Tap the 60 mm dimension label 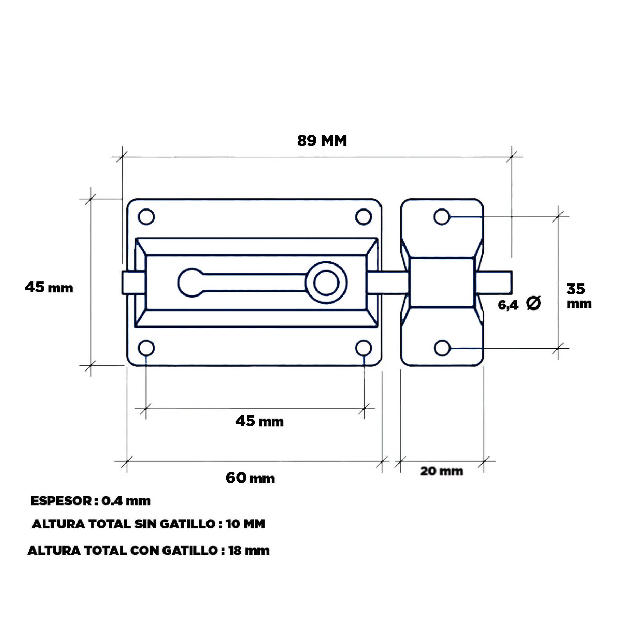pos(250,478)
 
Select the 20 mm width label pos(441,471)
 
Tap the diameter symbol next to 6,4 pos(533,303)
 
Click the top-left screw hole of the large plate pos(146,217)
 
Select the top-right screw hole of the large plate pos(364,217)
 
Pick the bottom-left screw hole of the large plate pos(146,348)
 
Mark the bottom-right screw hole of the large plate pos(364,348)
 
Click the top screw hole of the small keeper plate pos(442,217)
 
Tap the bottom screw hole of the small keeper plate pos(442,348)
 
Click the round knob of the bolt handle pos(326,283)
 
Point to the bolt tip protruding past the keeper pos(494,283)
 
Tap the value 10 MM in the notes pos(245,524)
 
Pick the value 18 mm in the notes pos(248,550)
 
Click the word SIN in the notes pos(145,524)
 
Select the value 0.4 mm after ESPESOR pos(126,501)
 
